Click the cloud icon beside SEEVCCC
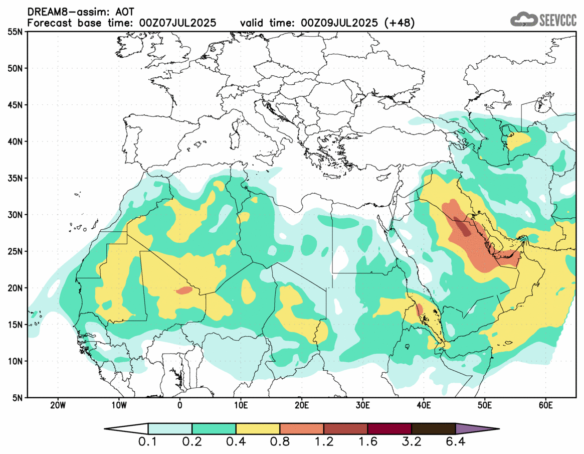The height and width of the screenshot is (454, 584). point(523,19)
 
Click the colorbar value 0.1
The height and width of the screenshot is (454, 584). point(148,442)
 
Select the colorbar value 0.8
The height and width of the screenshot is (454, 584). point(280,442)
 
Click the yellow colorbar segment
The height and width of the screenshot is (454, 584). point(258,429)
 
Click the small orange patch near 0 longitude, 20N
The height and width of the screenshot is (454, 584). point(184,290)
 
